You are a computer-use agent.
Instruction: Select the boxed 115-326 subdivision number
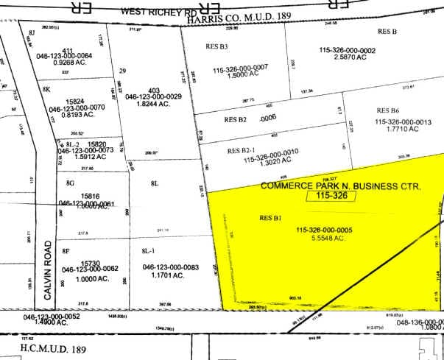331,197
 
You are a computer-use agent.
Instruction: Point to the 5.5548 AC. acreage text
335,239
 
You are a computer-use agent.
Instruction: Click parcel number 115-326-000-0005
335,230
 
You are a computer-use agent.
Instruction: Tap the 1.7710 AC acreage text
400,129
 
